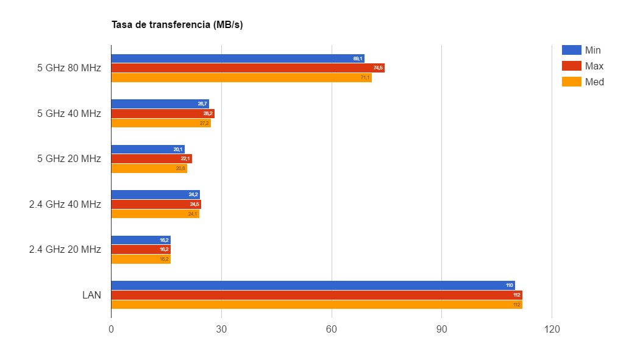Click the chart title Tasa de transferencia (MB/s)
tap(177, 25)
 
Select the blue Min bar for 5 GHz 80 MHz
tap(237, 58)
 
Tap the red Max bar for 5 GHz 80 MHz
tap(247, 68)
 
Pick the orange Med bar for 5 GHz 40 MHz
tap(161, 123)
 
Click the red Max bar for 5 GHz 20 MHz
tap(151, 159)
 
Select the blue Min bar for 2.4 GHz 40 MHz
tap(155, 195)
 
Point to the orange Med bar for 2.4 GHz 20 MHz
tap(140, 259)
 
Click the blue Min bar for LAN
tap(312, 285)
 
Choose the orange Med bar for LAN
tap(316, 305)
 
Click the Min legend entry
tap(582, 50)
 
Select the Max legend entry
tap(583, 66)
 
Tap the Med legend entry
tap(583, 82)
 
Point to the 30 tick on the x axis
tap(221, 329)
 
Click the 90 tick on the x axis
tap(441, 329)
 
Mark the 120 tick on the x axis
tap(552, 329)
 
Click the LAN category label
tap(91, 295)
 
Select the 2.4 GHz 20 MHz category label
tap(65, 250)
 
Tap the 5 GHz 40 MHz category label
tap(69, 113)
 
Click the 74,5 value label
tap(378, 68)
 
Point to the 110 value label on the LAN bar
tap(510, 285)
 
